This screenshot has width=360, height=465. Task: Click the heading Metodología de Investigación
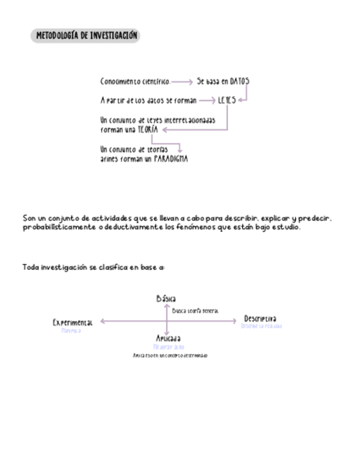click(86, 36)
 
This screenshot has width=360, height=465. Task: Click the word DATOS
click(239, 82)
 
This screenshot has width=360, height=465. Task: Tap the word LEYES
click(227, 101)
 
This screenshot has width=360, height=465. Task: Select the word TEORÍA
click(148, 130)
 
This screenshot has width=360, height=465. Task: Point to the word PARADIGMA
click(170, 159)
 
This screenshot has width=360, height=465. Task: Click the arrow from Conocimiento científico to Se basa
click(182, 82)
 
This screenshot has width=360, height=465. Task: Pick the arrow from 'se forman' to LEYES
click(207, 101)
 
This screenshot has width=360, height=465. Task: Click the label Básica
click(166, 299)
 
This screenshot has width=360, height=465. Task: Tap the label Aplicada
click(168, 339)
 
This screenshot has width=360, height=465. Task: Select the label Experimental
click(72, 322)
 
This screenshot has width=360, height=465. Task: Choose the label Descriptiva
click(260, 319)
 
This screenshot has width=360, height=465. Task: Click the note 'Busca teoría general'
click(196, 310)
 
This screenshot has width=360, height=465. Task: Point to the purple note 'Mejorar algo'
click(168, 347)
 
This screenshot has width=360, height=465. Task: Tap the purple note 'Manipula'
click(71, 331)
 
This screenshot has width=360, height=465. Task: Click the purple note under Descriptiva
click(261, 326)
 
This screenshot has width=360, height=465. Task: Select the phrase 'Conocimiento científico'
click(135, 82)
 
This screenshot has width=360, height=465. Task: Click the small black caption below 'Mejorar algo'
click(170, 355)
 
